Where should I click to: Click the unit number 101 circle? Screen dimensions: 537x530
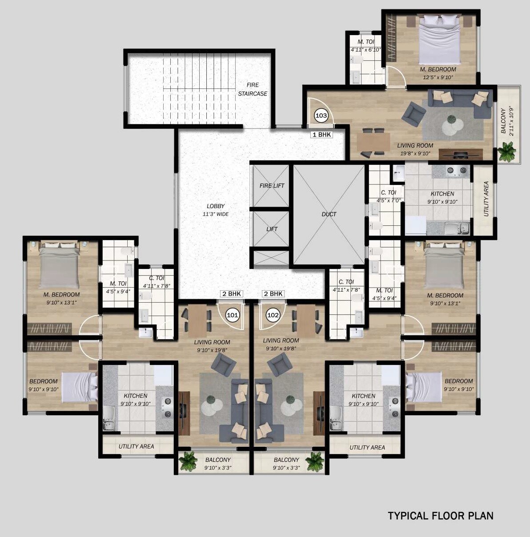[233, 315]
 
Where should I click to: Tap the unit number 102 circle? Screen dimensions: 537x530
[273, 315]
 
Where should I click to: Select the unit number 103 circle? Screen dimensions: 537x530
[321, 116]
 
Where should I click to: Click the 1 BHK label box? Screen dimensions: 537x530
[321, 135]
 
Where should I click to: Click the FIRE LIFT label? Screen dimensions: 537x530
[272, 186]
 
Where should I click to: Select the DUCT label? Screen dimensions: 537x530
[329, 214]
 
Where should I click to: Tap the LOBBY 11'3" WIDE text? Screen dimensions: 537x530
[216, 210]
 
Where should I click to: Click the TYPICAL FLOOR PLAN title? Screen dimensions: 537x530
[441, 516]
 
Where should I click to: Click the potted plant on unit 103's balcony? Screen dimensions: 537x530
[506, 152]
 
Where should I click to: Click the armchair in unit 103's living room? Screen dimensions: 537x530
[413, 114]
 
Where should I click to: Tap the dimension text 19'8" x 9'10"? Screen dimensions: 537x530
[414, 154]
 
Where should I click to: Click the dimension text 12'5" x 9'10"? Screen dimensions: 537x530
[438, 77]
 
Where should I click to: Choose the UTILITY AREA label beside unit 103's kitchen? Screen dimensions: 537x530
[486, 199]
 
